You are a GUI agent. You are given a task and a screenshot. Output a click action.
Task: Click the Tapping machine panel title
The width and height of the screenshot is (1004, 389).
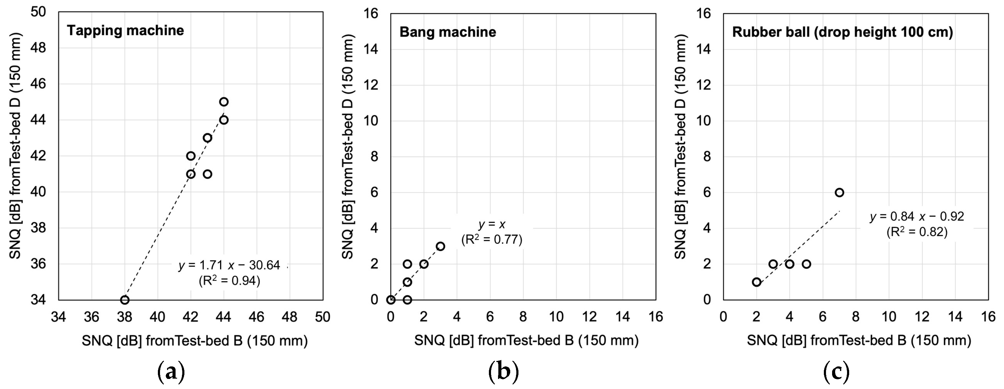[x=125, y=31]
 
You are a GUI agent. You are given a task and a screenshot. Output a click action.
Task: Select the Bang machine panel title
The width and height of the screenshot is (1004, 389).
[x=447, y=32]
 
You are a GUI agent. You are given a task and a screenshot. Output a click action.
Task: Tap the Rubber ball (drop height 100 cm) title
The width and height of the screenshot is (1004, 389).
[x=842, y=32]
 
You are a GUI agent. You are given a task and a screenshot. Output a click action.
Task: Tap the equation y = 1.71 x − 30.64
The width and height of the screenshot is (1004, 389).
[x=229, y=265]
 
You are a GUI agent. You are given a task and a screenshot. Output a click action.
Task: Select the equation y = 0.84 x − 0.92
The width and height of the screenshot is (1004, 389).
[x=917, y=217]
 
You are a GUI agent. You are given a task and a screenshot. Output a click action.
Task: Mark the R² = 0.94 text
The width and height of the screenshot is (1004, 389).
[x=229, y=281]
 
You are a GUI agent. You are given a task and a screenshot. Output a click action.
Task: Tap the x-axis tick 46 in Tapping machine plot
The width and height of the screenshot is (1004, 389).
[x=257, y=317]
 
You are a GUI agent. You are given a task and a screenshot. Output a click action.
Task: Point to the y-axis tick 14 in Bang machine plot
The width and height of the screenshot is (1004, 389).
[x=371, y=49]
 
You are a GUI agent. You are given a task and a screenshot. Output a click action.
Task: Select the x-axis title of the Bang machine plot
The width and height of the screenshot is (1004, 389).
[x=526, y=340]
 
